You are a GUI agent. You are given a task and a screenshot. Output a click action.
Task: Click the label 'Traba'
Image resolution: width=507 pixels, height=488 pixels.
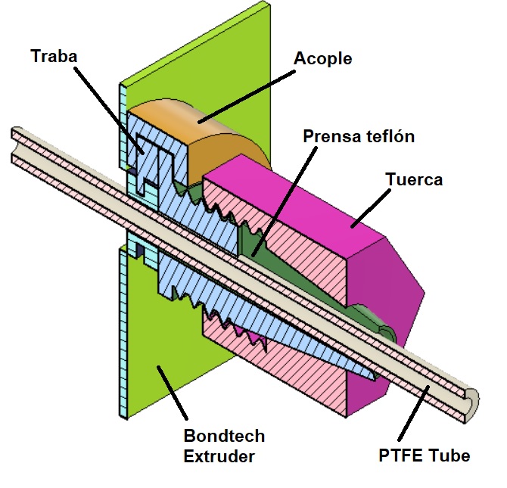pyautogui.click(x=54, y=56)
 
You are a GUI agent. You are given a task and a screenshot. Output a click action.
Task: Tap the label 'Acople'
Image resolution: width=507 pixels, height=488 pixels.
pyautogui.click(x=323, y=58)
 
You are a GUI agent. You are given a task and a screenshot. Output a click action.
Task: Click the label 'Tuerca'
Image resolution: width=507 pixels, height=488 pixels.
pyautogui.click(x=414, y=180)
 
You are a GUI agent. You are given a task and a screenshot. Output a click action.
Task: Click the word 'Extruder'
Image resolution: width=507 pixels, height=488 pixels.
pyautogui.click(x=219, y=456)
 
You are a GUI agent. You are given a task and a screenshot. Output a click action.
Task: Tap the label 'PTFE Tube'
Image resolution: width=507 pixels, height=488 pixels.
pyautogui.click(x=425, y=455)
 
